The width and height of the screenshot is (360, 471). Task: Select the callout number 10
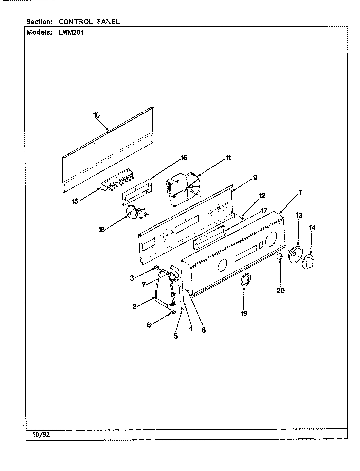97,115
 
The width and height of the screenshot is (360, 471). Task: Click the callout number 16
184,158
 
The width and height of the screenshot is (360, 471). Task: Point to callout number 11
228,158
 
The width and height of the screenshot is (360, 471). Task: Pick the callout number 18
101,230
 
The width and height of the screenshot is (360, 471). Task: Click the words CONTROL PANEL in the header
89,22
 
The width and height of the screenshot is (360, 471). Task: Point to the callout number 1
300,193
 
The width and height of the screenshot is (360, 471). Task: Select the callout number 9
255,178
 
